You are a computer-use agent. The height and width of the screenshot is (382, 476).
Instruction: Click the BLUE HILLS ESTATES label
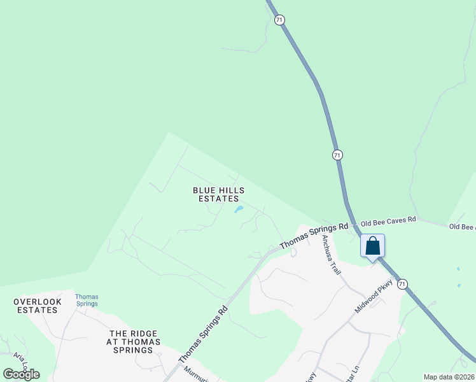click(x=218, y=194)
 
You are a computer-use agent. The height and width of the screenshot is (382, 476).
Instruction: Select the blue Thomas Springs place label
click(x=87, y=300)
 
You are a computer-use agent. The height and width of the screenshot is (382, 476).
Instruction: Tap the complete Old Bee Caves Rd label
click(x=388, y=220)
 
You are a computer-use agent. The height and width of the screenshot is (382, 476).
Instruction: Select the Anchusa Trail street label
click(x=332, y=255)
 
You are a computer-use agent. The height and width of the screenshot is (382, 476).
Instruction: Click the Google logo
click(x=22, y=374)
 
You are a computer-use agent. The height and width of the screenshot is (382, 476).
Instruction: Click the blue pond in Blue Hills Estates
click(x=239, y=209)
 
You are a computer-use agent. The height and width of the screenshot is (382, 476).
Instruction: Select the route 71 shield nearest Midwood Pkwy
click(x=402, y=285)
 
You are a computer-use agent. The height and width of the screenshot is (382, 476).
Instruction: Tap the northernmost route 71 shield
click(x=279, y=20)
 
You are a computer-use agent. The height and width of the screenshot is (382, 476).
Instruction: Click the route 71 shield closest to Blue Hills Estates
click(x=337, y=155)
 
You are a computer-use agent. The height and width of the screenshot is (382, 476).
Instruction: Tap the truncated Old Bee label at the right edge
click(x=462, y=227)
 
